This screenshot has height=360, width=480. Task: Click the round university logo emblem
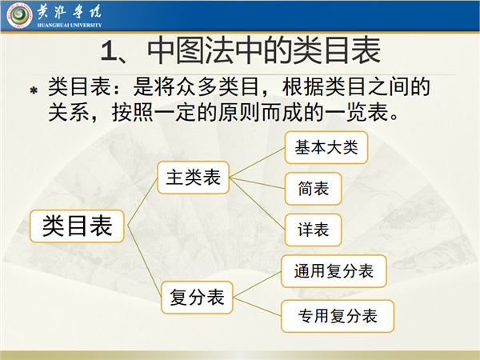(x=19, y=16)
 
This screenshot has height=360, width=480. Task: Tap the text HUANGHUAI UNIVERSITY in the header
(x=69, y=25)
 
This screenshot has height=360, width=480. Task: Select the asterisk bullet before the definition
(x=34, y=90)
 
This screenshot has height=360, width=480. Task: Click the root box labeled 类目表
(x=77, y=226)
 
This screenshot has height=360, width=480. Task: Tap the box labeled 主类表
(x=193, y=178)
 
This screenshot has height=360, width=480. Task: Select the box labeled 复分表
(x=197, y=298)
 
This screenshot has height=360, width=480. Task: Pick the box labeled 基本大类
(x=326, y=147)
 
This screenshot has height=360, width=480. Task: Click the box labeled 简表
(x=313, y=189)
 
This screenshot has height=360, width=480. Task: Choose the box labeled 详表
(x=313, y=230)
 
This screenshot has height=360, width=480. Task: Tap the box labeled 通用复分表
(x=334, y=271)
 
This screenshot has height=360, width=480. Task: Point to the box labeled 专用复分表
(x=338, y=316)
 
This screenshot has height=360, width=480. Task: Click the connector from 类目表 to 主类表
(x=142, y=202)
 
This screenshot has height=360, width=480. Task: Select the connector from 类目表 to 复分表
(x=144, y=262)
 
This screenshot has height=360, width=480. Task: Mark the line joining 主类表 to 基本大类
(x=257, y=162)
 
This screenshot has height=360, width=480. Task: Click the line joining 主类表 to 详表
(x=257, y=203)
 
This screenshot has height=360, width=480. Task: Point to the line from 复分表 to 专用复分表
(x=257, y=306)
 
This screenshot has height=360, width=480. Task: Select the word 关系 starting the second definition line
(x=69, y=112)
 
